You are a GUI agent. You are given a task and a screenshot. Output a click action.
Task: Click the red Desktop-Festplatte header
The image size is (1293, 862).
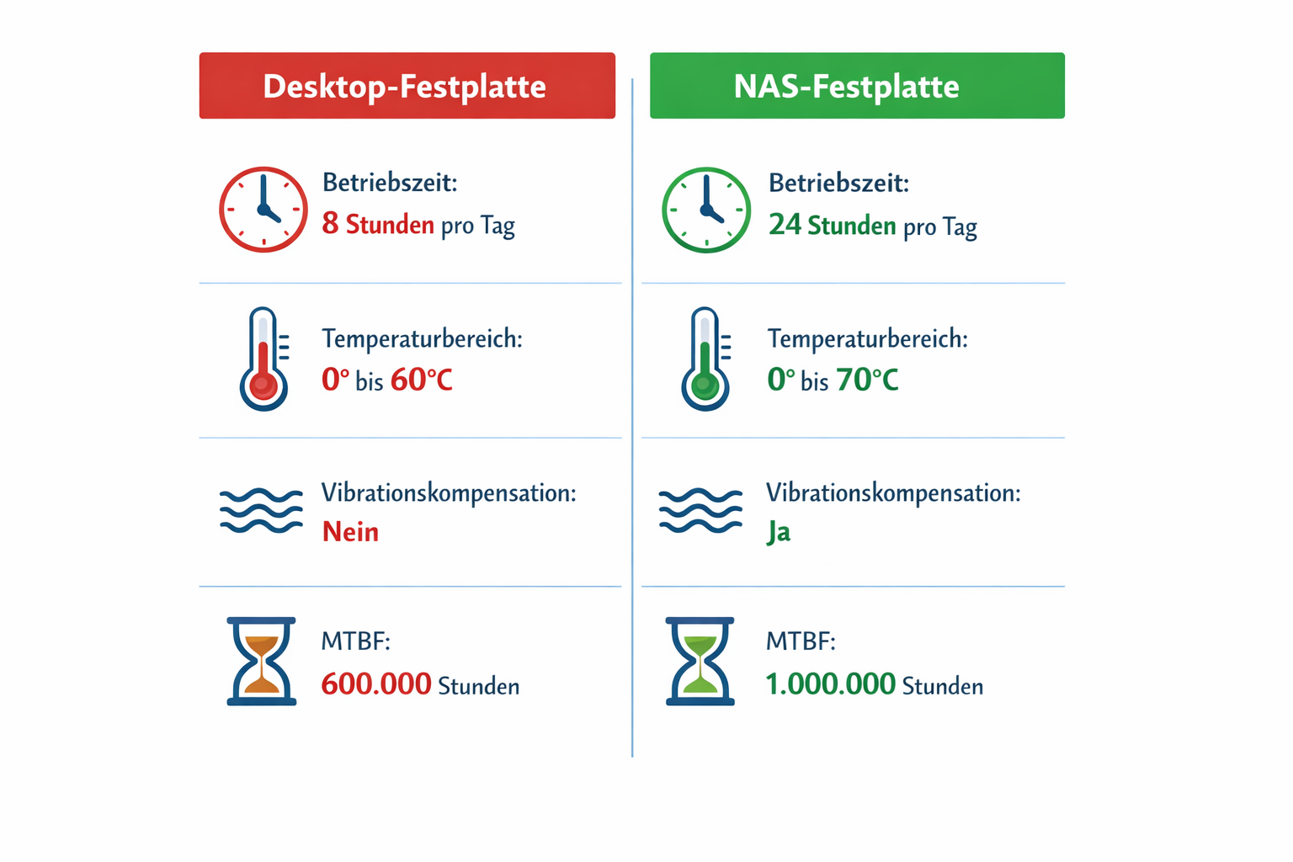click(x=407, y=86)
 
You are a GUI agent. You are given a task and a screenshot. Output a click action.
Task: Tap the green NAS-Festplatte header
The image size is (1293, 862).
click(x=856, y=86)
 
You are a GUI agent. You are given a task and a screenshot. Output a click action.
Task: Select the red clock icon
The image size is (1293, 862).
click(x=263, y=210)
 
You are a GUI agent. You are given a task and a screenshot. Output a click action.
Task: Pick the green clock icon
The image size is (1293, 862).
click(x=705, y=210)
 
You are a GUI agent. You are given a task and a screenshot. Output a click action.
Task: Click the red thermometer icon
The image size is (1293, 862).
click(x=263, y=359)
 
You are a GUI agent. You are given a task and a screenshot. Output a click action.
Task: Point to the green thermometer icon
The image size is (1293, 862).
click(x=705, y=359)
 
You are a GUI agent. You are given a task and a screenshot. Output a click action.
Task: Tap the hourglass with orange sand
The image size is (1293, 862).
click(x=262, y=661)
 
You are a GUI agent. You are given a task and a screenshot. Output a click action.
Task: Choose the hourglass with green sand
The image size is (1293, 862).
click(x=700, y=661)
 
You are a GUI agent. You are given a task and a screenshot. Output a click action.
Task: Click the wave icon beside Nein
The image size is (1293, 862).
click(x=261, y=510)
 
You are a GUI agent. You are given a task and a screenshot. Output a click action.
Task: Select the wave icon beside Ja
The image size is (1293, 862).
click(x=700, y=510)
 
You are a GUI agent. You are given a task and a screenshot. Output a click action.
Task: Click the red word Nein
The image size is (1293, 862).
click(x=350, y=532)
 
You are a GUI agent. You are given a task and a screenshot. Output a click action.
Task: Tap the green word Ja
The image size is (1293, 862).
click(x=779, y=533)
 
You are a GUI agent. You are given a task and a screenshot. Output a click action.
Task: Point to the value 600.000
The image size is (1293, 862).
click(x=376, y=684)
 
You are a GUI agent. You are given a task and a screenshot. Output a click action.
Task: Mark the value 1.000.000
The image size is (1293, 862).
click(x=830, y=684)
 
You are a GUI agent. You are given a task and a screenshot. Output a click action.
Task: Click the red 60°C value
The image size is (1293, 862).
click(x=422, y=380)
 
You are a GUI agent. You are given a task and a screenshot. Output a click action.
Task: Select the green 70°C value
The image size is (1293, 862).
click(x=867, y=380)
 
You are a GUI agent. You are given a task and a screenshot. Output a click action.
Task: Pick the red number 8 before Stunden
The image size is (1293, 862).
click(x=330, y=224)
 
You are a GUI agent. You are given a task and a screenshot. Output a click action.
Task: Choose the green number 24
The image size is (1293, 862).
click(x=785, y=225)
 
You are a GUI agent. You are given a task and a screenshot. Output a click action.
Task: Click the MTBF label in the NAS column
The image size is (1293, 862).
click(x=800, y=641)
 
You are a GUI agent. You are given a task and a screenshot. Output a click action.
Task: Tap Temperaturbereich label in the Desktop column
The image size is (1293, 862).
click(x=422, y=339)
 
